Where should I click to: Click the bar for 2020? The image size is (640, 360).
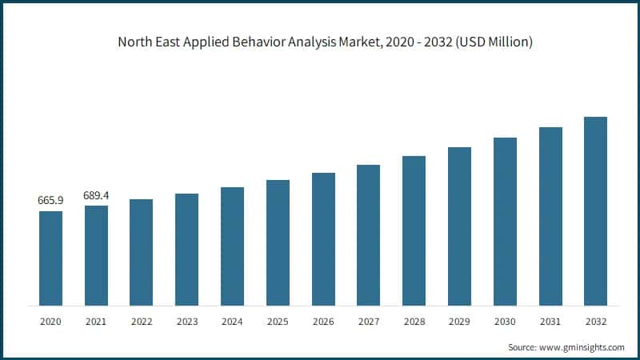(50, 258)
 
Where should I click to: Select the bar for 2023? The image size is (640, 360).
(186, 249)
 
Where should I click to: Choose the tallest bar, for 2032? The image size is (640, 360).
(595, 211)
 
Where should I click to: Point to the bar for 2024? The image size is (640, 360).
(232, 246)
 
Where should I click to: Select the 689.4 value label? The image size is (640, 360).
(96, 196)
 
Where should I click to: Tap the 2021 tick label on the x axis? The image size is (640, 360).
(96, 321)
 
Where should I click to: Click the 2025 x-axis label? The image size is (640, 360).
(278, 321)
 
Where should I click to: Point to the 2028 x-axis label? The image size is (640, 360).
(414, 321)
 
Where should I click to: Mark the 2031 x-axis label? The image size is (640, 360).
(550, 321)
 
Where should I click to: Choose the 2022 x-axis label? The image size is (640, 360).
(142, 321)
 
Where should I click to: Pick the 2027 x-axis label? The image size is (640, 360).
(368, 321)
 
